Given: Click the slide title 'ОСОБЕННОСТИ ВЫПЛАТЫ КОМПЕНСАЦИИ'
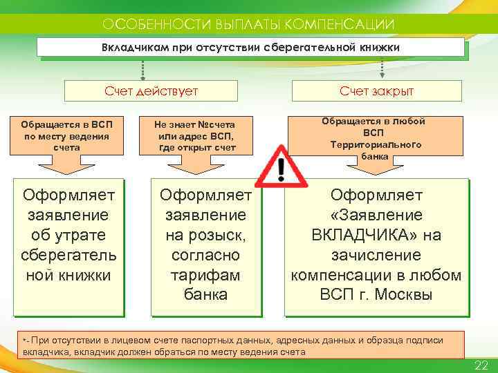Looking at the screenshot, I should (x=248, y=24).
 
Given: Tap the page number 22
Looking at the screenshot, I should (x=481, y=365).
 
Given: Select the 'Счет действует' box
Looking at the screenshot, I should (x=151, y=90).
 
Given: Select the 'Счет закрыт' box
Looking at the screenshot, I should (x=376, y=90).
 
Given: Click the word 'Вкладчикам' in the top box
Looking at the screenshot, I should (x=131, y=48).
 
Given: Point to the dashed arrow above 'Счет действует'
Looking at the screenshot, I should (x=142, y=68).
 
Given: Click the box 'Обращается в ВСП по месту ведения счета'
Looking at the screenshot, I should (x=67, y=135).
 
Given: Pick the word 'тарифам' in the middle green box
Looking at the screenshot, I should (x=205, y=275).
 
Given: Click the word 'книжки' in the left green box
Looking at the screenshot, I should (x=85, y=275).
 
